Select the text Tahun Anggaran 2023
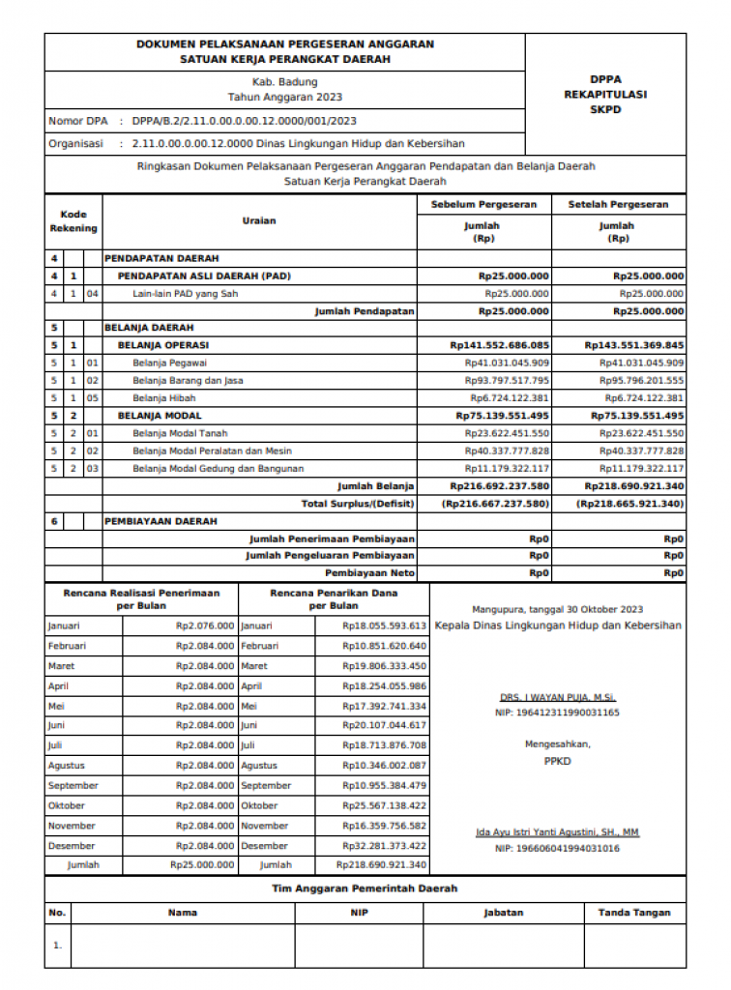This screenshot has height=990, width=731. pos(284,97)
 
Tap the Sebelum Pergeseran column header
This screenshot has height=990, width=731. pos(483,205)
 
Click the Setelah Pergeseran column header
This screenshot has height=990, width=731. pos(618,205)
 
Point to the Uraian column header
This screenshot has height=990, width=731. pos(259,220)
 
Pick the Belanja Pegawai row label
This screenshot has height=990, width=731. pos(169,363)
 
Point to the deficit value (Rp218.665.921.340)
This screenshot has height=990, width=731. pos(629,504)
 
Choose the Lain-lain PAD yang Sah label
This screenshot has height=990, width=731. pos(185,293)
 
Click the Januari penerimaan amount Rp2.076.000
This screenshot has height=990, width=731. pos(204,626)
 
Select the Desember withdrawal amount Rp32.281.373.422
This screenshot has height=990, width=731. pos(384,845)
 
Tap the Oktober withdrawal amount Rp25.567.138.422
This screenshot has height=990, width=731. pos(384,805)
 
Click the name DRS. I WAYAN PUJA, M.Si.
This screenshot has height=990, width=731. pos(557,697)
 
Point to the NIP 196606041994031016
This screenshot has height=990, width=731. pos(557,848)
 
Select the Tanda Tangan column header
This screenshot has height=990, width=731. pos(633,912)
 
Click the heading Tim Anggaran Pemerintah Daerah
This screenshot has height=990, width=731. pos(364,888)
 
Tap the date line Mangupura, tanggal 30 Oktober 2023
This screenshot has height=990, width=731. pos(557,609)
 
